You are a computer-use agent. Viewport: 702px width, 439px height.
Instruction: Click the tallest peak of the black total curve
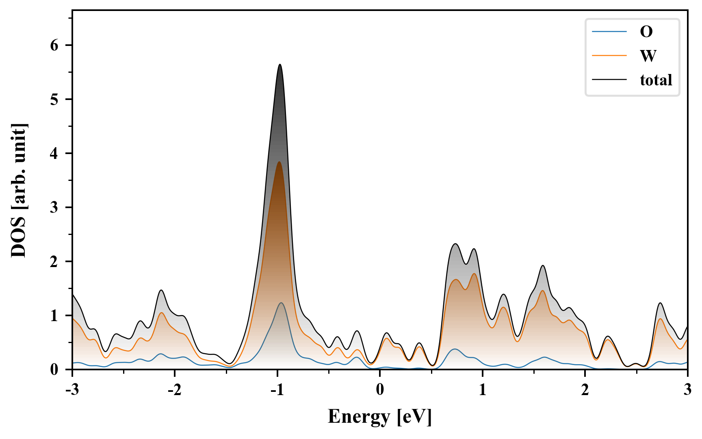(x=280, y=65)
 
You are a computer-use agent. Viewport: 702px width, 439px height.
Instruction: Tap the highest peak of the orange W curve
(x=279, y=162)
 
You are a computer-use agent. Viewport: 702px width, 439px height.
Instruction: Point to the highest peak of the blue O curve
(x=281, y=303)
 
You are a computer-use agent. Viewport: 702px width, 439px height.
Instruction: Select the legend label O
(x=646, y=32)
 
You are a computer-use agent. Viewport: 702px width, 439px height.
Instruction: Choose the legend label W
(x=648, y=56)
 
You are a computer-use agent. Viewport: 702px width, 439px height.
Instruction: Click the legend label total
(x=656, y=80)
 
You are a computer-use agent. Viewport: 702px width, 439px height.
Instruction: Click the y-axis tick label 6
(x=54, y=45)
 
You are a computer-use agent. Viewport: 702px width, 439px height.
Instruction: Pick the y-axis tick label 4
(x=54, y=153)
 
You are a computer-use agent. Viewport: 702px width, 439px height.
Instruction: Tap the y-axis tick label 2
(x=54, y=261)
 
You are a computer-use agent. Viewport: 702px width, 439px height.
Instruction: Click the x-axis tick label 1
(x=483, y=389)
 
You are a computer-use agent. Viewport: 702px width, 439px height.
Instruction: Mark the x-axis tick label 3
(x=687, y=389)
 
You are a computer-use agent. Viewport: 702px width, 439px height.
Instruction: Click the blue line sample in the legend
(x=609, y=32)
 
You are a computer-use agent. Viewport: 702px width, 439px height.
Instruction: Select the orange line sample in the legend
(x=609, y=56)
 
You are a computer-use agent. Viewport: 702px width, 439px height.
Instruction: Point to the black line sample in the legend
(x=609, y=80)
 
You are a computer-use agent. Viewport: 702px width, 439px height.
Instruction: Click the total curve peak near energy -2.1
(x=161, y=290)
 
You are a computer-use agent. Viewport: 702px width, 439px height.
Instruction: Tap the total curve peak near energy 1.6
(x=543, y=265)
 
